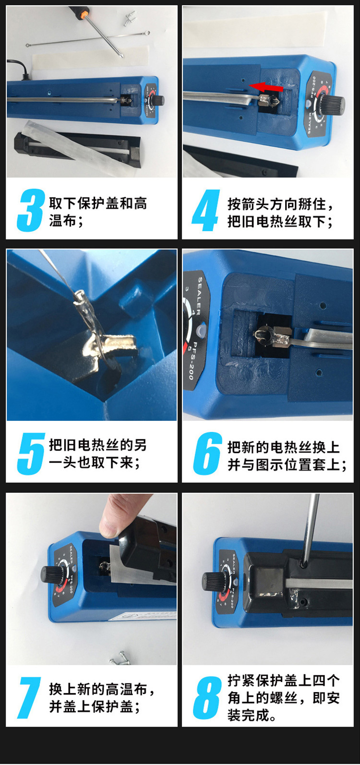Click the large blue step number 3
coord(31,210)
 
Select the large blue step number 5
coord(31,454)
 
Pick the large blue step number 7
coord(29,698)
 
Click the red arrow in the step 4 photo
coord(266,86)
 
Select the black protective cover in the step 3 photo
coord(77,147)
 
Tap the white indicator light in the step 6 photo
coord(202,329)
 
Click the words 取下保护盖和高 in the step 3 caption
coord(98,203)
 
